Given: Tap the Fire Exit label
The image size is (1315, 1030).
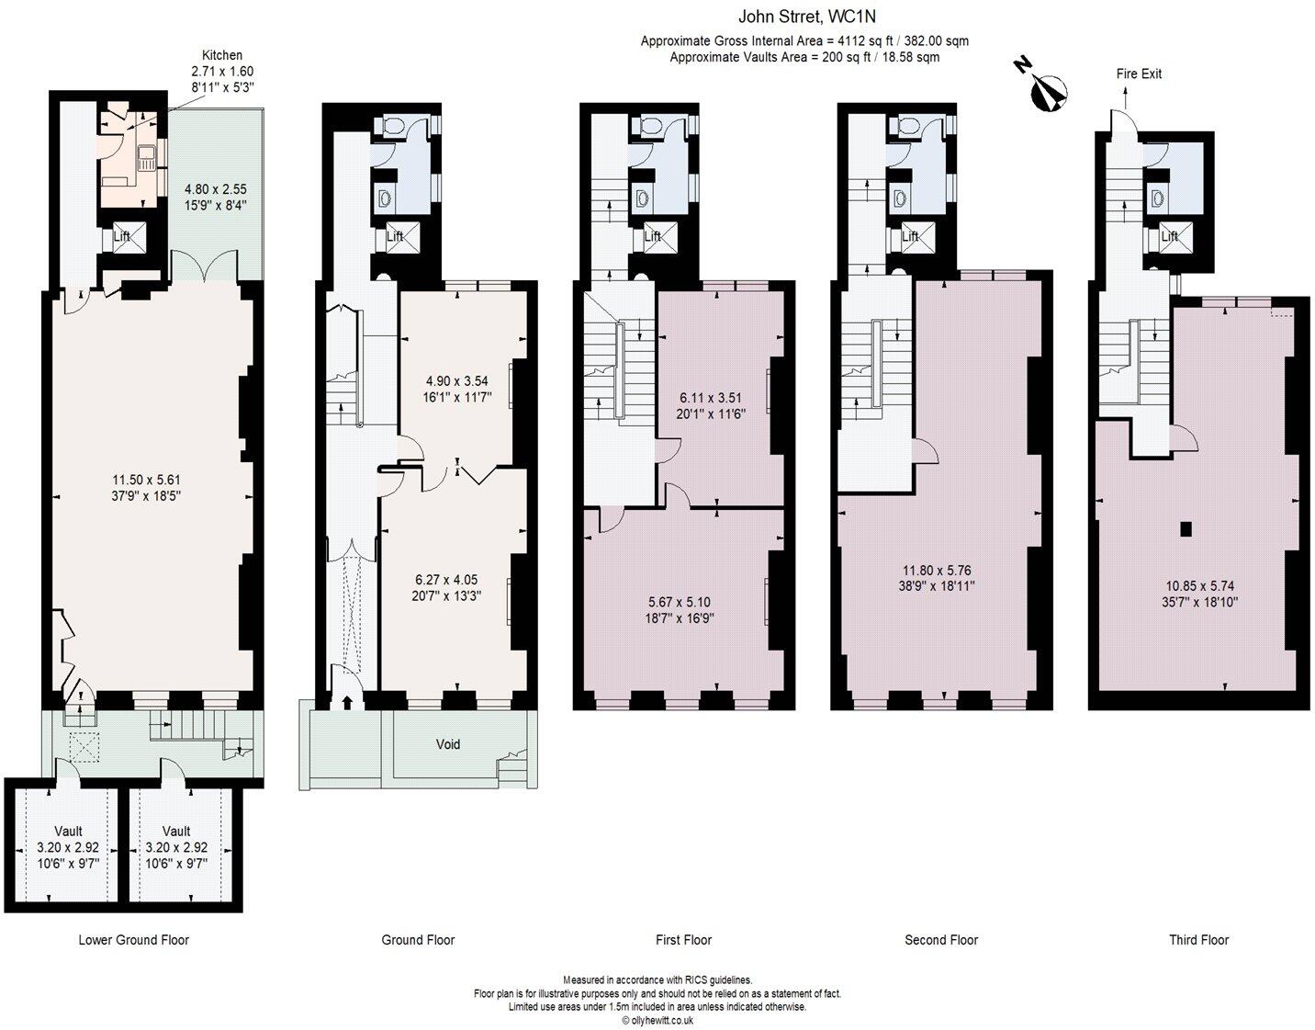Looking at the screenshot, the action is [x=1139, y=74].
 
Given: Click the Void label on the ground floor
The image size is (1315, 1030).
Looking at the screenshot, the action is [x=448, y=743].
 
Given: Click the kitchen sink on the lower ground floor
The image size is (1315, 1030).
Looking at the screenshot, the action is [x=147, y=159].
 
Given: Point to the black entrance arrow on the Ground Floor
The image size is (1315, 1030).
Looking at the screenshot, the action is [x=347, y=702].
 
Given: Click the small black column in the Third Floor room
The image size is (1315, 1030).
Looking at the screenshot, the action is [x=1186, y=529].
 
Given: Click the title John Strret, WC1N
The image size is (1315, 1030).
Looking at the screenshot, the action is [x=806, y=17].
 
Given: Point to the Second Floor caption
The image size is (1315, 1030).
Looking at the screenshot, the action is [x=941, y=940].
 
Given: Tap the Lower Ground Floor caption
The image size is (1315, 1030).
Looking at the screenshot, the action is [x=134, y=940].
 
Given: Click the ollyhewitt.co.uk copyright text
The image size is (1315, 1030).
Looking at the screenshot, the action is [x=657, y=1020].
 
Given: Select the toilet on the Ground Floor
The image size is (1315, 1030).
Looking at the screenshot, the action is [x=393, y=126].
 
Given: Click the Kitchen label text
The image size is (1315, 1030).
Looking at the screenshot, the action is [x=222, y=55].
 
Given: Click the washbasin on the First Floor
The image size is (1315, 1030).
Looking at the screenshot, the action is [x=642, y=198].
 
